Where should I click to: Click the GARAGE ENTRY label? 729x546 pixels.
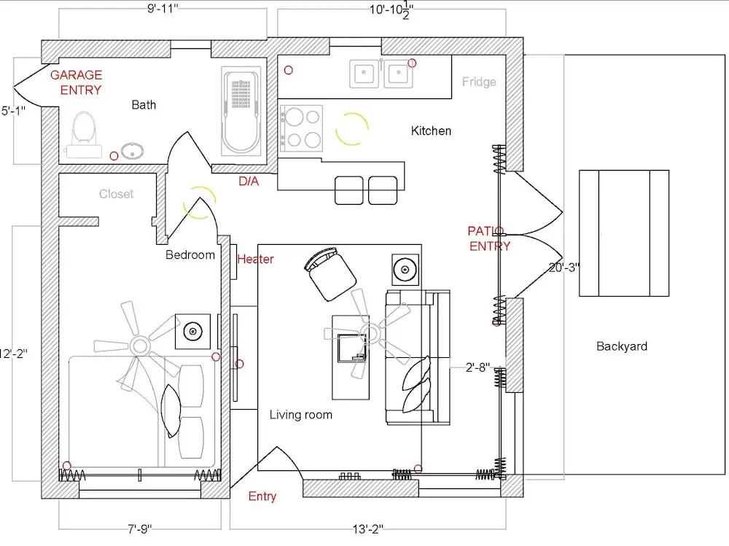pyautogui.click(x=77, y=82)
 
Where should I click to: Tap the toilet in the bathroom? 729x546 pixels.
pyautogui.click(x=84, y=135)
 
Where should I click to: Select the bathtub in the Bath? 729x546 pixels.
pyautogui.click(x=241, y=112)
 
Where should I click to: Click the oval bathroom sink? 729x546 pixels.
pyautogui.click(x=133, y=151)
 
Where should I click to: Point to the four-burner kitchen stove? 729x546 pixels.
pyautogui.click(x=301, y=128)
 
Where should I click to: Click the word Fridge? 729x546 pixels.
pyautogui.click(x=479, y=82)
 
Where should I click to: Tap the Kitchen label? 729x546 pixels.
pyautogui.click(x=431, y=130)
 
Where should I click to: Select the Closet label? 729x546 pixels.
pyautogui.click(x=116, y=193)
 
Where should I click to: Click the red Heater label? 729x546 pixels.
pyautogui.click(x=255, y=259)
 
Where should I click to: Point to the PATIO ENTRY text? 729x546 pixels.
pyautogui.click(x=488, y=238)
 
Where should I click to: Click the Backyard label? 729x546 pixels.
pyautogui.click(x=622, y=346)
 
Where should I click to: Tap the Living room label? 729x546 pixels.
pyautogui.click(x=301, y=414)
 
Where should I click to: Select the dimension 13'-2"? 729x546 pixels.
pyautogui.click(x=367, y=529)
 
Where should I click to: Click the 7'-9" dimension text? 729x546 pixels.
pyautogui.click(x=139, y=529)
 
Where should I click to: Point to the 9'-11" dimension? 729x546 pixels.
pyautogui.click(x=163, y=9)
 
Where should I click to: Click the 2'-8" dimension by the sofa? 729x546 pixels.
pyautogui.click(x=477, y=367)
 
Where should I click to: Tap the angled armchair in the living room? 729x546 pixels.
pyautogui.click(x=330, y=274)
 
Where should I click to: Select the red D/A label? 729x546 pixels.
pyautogui.click(x=249, y=181)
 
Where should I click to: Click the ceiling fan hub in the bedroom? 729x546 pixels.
pyautogui.click(x=139, y=346)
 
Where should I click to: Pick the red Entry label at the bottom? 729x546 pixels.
pyautogui.click(x=262, y=496)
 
